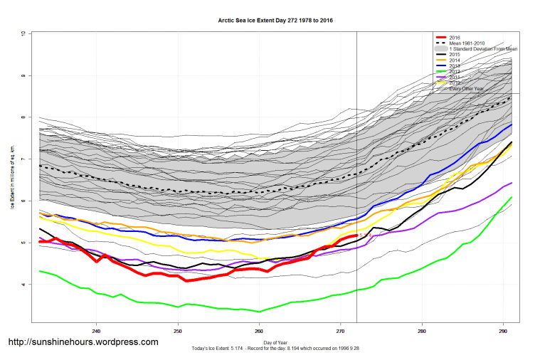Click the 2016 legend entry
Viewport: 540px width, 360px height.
pyautogui.click(x=455, y=37)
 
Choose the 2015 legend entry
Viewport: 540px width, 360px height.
pyautogui.click(x=455, y=54)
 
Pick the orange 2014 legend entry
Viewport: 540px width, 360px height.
pyautogui.click(x=455, y=60)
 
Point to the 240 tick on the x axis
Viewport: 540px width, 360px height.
pyautogui.click(x=96, y=331)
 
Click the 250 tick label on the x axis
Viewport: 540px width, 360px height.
pyautogui.click(x=178, y=331)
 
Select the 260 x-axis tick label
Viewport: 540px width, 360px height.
pyautogui.click(x=259, y=331)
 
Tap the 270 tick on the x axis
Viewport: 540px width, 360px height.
pyautogui.click(x=340, y=331)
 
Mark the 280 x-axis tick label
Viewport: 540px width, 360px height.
pyautogui.click(x=422, y=331)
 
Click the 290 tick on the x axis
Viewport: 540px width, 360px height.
pyautogui.click(x=503, y=331)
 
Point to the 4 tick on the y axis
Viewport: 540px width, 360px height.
pyautogui.click(x=23, y=285)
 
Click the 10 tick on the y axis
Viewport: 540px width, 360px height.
pyautogui.click(x=23, y=33)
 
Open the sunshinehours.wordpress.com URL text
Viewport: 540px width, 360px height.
pyautogui.click(x=83, y=342)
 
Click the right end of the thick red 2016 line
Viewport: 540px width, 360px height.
pyautogui.click(x=356, y=235)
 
